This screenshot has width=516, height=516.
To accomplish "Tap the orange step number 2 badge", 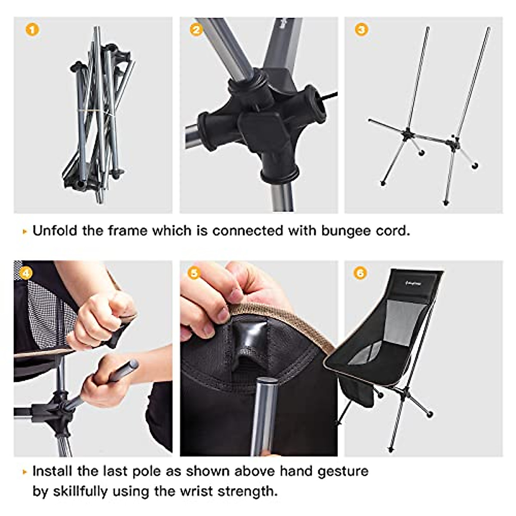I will click(196, 29).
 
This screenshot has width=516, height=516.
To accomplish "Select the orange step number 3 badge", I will click(361, 29).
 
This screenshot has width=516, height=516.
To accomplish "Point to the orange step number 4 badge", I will click(26, 273).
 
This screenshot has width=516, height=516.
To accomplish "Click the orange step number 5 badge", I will click(194, 273).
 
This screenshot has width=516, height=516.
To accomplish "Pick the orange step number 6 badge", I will click(360, 273).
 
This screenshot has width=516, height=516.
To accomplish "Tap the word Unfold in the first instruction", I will click(55, 231).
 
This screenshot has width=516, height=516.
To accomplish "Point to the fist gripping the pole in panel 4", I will click(101, 387).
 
